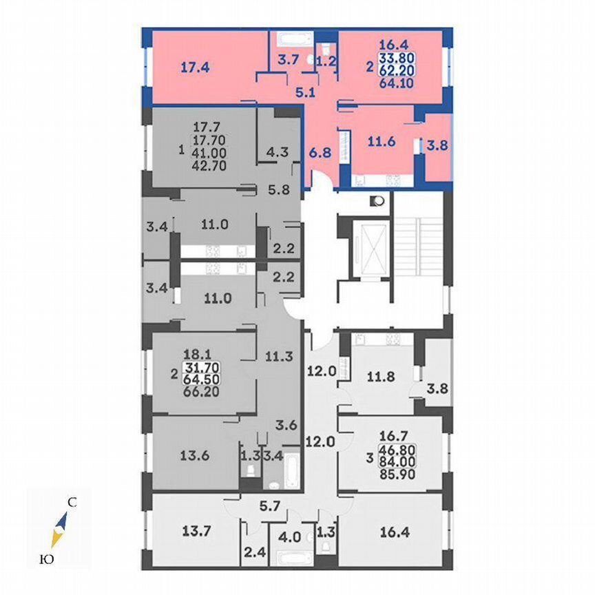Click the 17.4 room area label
[x=195, y=67]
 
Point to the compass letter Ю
[x=46, y=560]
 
